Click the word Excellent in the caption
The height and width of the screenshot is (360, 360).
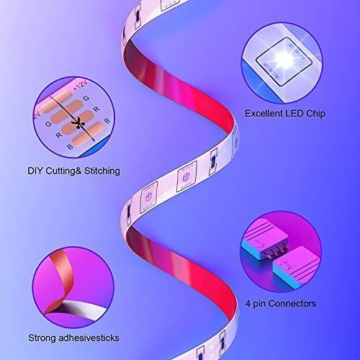264,114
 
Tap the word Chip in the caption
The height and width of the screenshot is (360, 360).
315,114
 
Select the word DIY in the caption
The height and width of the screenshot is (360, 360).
35,171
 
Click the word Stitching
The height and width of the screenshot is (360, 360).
102,171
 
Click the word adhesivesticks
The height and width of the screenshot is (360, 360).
89,338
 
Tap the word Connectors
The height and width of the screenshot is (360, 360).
292,304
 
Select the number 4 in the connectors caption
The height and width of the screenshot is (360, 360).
248,304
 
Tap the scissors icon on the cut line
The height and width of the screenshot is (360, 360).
78,123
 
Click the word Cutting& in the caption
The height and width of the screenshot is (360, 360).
63,171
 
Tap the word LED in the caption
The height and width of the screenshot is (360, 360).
294,114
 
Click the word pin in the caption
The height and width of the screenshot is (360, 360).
259,305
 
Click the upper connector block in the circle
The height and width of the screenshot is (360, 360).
264,239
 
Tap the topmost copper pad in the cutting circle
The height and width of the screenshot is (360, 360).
56,102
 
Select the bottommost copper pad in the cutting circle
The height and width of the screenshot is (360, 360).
89,134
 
